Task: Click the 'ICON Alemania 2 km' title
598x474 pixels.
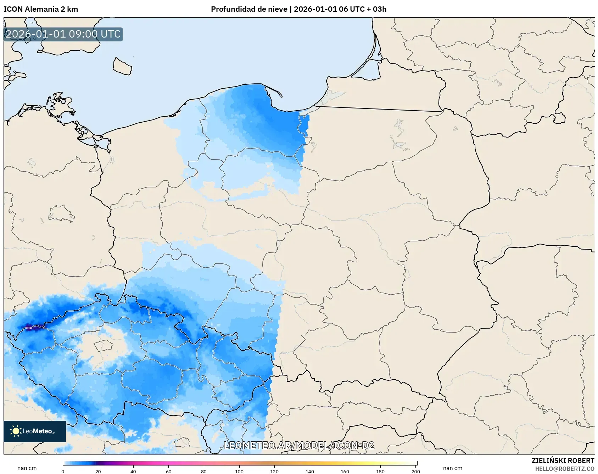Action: tap(41, 9)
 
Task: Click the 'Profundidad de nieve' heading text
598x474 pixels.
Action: tap(249, 9)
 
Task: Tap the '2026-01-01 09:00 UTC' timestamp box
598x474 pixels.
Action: tap(63, 34)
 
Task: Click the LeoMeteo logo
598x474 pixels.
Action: tap(35, 431)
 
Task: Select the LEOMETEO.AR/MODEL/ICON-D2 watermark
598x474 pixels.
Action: tap(299, 446)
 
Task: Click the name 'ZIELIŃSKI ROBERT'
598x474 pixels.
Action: tap(563, 461)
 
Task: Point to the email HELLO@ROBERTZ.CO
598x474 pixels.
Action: tap(564, 469)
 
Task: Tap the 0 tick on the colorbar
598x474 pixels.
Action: tap(63, 472)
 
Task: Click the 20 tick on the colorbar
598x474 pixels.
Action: tap(98, 472)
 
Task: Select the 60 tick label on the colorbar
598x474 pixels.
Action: tap(168, 472)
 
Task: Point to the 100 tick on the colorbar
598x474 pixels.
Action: tap(239, 472)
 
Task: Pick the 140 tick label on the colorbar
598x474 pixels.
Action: tap(309, 472)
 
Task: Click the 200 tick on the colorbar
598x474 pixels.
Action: tap(416, 472)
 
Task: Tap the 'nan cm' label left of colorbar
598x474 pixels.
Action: tap(27, 468)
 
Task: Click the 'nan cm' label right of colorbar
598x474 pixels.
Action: tap(453, 468)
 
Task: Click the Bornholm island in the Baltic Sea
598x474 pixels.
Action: tap(122, 66)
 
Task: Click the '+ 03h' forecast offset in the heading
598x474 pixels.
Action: tap(376, 9)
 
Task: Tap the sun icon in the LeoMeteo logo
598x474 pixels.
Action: tap(16, 431)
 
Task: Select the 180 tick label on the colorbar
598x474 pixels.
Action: tap(380, 472)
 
